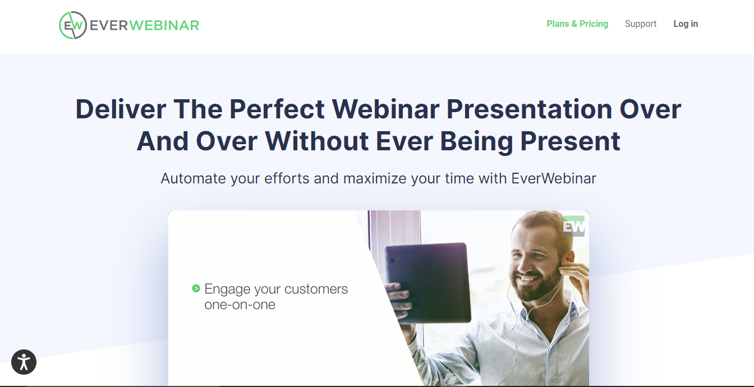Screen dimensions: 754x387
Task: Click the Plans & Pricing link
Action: point(577,24)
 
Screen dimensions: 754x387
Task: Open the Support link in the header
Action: point(641,24)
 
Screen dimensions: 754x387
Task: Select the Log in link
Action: point(686,24)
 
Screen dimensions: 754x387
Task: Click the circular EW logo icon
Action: point(73,25)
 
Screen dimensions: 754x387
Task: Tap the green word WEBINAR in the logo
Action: point(164,26)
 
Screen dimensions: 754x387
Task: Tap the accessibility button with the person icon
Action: point(24,362)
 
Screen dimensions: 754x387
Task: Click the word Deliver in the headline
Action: point(121,109)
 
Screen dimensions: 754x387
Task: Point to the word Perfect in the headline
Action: point(277,109)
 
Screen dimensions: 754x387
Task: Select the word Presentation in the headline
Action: point(529,109)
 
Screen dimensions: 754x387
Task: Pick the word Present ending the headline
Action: point(570,141)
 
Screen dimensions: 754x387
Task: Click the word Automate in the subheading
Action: point(193,178)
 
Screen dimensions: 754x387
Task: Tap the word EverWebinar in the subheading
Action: point(554,178)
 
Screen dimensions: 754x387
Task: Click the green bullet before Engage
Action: point(196,288)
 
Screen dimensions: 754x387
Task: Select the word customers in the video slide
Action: point(316,289)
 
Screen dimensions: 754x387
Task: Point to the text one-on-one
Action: point(240,305)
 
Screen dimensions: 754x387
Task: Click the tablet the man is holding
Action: point(428,282)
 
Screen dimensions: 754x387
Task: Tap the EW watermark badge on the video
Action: point(574,226)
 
